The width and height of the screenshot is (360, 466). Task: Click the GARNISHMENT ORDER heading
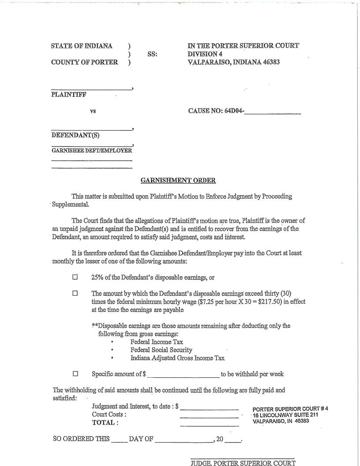[x=178, y=180]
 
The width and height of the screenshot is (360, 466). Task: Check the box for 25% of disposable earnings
[x=75, y=277]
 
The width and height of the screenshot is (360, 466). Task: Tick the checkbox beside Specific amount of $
[x=75, y=374]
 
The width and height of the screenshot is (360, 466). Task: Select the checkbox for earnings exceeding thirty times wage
[x=75, y=293]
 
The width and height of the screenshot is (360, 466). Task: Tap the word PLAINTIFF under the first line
[x=69, y=94]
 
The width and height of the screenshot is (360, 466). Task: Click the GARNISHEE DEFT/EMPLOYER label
[x=92, y=150]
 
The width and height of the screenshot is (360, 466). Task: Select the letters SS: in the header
[x=152, y=54]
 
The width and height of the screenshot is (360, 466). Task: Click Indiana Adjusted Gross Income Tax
[x=177, y=358]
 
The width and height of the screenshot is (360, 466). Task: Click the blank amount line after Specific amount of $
[x=184, y=375]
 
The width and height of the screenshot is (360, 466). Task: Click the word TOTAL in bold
[x=105, y=423]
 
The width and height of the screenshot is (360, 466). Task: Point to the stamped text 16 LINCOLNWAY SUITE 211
[x=285, y=415]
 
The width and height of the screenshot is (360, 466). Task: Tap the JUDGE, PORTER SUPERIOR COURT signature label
[x=243, y=462]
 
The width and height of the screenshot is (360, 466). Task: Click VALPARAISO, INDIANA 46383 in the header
[x=234, y=62]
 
